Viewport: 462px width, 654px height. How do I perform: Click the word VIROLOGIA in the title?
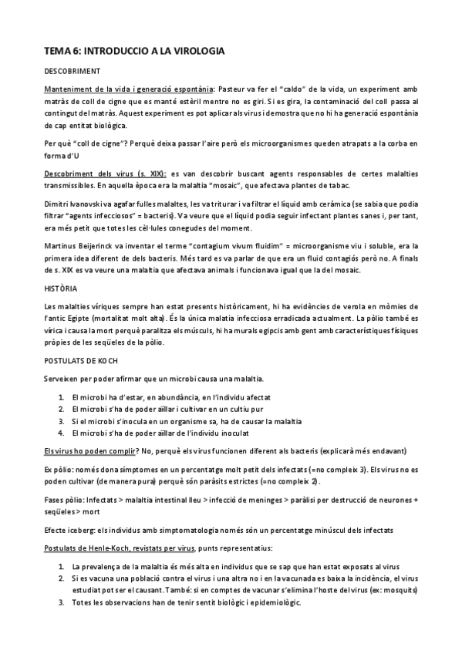tap(189, 51)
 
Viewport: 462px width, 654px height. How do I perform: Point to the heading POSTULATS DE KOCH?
tap(80, 359)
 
